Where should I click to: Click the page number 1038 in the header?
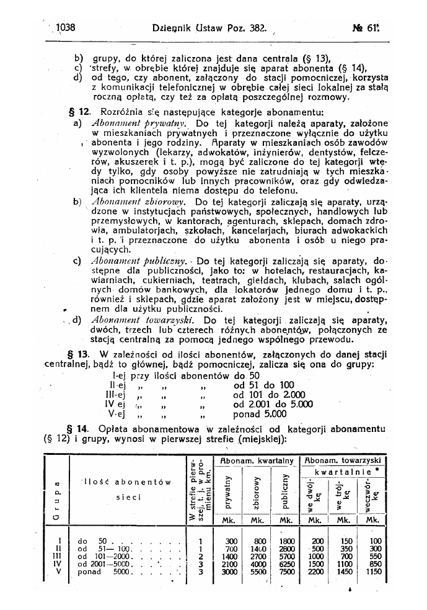(x=65, y=27)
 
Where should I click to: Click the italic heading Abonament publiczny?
(x=130, y=261)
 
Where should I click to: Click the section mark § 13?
(x=79, y=354)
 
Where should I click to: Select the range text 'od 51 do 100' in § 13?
(x=263, y=385)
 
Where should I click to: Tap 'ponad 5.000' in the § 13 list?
(x=260, y=414)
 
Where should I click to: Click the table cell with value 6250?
(x=286, y=564)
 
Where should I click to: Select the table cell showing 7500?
(x=286, y=572)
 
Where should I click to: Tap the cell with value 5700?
(x=286, y=556)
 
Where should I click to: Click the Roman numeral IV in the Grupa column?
(x=58, y=564)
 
